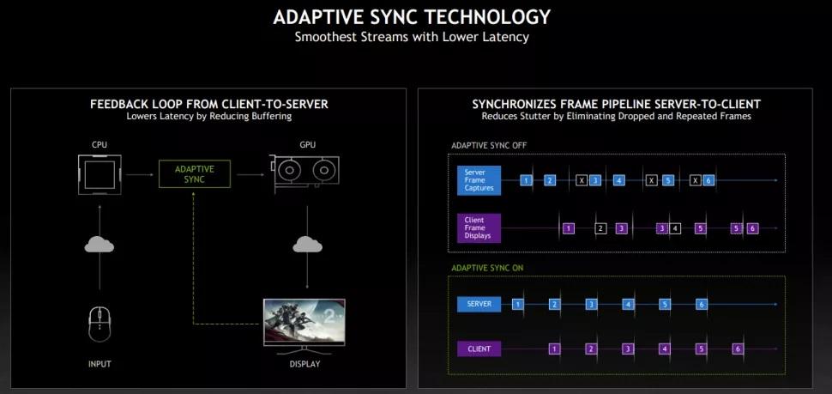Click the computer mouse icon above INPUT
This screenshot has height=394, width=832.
point(99,324)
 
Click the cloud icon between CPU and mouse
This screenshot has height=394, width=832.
point(99,245)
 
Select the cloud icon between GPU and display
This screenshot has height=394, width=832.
point(306,245)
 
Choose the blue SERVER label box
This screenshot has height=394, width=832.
point(479,304)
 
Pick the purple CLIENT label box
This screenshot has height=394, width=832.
point(479,349)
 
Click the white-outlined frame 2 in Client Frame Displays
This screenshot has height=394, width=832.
point(600,228)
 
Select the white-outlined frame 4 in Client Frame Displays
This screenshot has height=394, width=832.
point(675,228)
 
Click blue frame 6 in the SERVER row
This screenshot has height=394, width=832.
point(702,304)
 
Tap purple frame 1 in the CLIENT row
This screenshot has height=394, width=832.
point(554,349)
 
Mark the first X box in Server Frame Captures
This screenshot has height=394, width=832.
point(582,180)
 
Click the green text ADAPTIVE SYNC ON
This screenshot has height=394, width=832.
point(487,268)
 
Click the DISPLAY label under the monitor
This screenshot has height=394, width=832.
point(305,364)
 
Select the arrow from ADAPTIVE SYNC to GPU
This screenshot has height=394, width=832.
point(248,174)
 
